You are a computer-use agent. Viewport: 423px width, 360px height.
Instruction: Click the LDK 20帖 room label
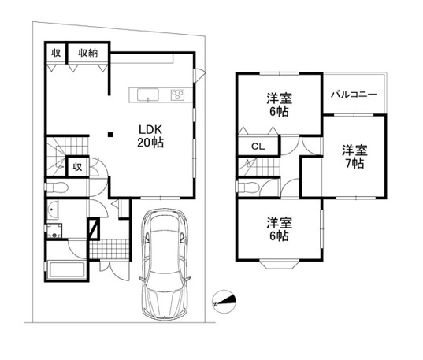click(x=150, y=136)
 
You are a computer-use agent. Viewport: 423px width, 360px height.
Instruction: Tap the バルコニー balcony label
click(x=354, y=95)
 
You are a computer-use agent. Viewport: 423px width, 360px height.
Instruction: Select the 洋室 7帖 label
click(x=354, y=157)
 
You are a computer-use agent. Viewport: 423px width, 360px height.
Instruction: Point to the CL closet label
click(x=258, y=147)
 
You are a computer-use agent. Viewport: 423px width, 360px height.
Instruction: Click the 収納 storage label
click(x=88, y=53)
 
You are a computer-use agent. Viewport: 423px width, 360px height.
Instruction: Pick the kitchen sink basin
click(x=148, y=95)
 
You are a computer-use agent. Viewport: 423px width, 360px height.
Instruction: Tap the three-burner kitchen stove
click(x=177, y=95)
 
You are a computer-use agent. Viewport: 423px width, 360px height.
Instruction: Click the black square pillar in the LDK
click(x=110, y=135)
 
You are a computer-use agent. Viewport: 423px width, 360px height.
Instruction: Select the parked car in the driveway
click(x=165, y=264)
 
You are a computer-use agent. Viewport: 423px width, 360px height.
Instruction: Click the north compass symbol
click(x=224, y=302)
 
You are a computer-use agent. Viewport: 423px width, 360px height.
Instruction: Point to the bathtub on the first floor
click(x=67, y=270)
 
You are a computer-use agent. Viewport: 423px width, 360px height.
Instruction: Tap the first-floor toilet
click(x=57, y=187)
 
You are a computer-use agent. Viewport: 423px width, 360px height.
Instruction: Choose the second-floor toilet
click(x=247, y=187)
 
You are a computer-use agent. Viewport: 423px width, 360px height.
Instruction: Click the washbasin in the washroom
click(x=53, y=210)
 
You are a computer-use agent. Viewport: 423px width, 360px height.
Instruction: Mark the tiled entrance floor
click(x=109, y=250)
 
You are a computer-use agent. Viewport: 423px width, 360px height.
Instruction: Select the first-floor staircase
click(x=68, y=156)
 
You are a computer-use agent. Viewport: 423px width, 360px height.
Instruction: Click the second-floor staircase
click(x=258, y=167)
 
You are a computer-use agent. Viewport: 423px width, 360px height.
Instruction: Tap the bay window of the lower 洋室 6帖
click(x=280, y=265)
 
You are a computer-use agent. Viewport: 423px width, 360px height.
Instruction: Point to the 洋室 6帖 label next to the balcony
click(x=279, y=105)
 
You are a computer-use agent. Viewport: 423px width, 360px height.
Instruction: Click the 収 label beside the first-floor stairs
click(x=77, y=167)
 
